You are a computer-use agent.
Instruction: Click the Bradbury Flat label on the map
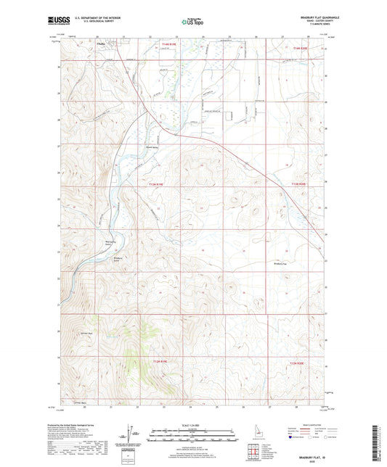[282, 263]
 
